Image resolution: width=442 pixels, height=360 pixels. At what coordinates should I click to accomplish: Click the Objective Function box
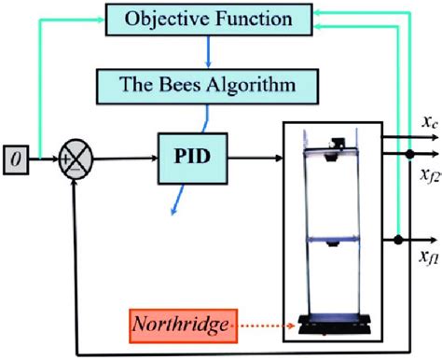(x=210, y=18)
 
